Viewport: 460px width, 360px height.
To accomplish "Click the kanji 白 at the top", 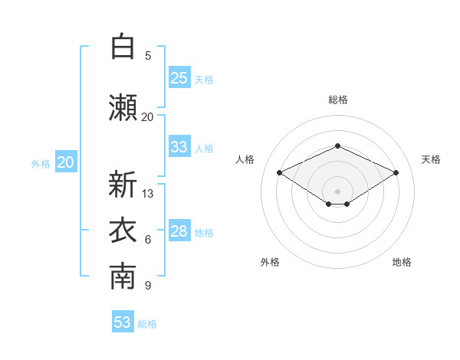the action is (123, 46).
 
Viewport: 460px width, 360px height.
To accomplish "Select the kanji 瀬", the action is (123, 107).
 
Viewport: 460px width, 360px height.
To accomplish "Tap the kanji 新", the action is (123, 184).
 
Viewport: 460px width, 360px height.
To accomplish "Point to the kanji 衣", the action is (123, 230).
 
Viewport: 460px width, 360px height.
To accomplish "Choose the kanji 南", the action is (123, 277).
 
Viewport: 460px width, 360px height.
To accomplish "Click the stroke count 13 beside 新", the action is (147, 194).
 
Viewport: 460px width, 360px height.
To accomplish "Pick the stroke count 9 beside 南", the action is (148, 285).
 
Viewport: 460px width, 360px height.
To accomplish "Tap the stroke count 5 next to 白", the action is (148, 56).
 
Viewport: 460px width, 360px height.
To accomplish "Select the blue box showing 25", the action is (179, 77).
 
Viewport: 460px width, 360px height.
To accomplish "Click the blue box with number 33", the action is (179, 146).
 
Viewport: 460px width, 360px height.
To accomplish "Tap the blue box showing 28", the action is (179, 230).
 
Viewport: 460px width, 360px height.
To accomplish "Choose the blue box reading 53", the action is (123, 321).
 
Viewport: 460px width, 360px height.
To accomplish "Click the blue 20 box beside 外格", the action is (66, 162).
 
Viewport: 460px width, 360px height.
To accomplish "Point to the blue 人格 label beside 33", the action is (204, 149).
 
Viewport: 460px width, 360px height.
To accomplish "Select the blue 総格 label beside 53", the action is (147, 324).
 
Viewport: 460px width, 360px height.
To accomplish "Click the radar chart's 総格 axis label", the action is (338, 100).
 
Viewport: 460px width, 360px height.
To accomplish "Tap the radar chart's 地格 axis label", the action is (402, 262).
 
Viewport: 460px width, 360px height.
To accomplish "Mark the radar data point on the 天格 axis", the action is (396, 172).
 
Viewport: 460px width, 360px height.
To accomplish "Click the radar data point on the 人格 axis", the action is (280, 172).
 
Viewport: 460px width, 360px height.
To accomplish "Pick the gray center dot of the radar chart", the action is (337, 191).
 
